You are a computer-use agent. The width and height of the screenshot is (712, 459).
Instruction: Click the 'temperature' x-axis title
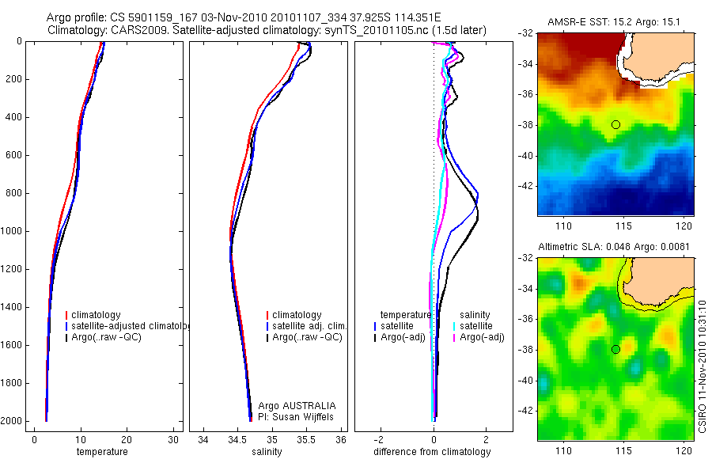tap(101, 452)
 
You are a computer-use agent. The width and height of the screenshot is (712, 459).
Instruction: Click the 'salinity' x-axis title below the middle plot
tap(266, 452)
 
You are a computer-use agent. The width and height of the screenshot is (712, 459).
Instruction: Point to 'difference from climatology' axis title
tap(432, 452)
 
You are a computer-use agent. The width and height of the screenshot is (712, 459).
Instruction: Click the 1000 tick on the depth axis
tap(12, 232)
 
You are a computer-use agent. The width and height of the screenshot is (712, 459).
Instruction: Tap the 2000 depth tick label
tap(12, 421)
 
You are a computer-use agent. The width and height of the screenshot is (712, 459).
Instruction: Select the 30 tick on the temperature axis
tap(172, 440)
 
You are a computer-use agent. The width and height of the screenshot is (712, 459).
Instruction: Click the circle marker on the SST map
tap(615, 124)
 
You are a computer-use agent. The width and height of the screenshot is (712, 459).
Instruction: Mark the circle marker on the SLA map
tap(615, 349)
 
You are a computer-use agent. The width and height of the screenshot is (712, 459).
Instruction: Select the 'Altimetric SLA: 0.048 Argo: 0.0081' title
tap(614, 246)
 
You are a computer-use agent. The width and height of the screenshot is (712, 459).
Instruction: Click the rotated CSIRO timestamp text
tap(703, 364)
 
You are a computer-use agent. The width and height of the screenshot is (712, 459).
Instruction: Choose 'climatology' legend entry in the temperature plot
tap(98, 315)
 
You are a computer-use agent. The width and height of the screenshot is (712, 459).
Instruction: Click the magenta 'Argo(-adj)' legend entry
tap(482, 337)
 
